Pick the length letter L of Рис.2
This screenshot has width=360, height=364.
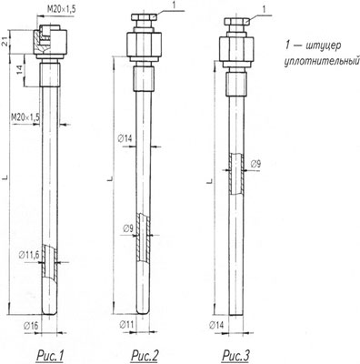coord(108,179)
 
